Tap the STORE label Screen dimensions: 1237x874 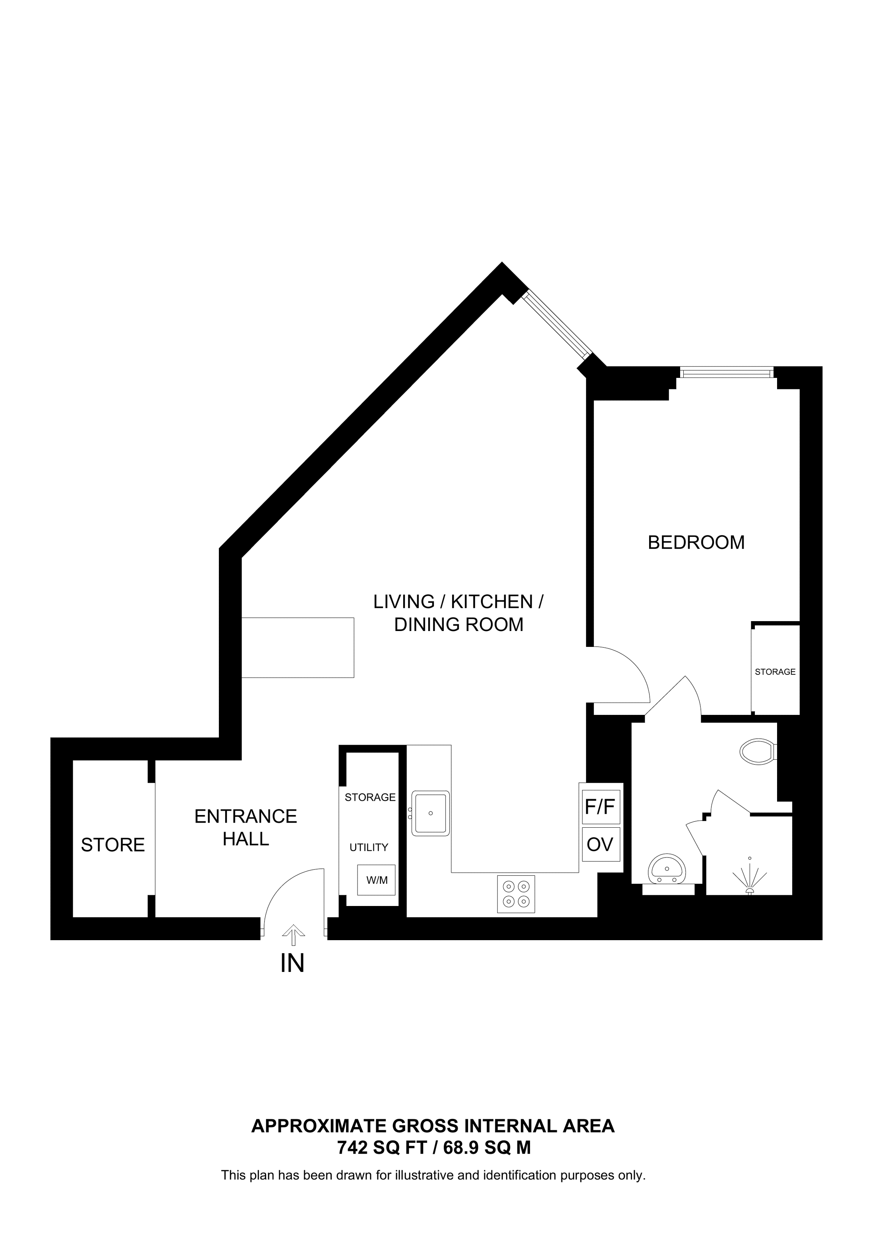tap(112, 845)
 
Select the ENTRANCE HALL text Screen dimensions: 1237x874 tap(246, 828)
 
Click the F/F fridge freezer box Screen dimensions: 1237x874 tap(600, 807)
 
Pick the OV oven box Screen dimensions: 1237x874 tap(600, 844)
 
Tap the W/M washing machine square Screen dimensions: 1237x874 tap(377, 880)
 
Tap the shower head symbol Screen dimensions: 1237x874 tap(749, 878)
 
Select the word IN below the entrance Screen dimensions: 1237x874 tap(292, 964)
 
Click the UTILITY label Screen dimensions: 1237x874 tap(369, 848)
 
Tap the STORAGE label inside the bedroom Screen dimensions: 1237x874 tap(775, 672)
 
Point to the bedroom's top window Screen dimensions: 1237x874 tap(727, 372)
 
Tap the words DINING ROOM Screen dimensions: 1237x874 tap(458, 625)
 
